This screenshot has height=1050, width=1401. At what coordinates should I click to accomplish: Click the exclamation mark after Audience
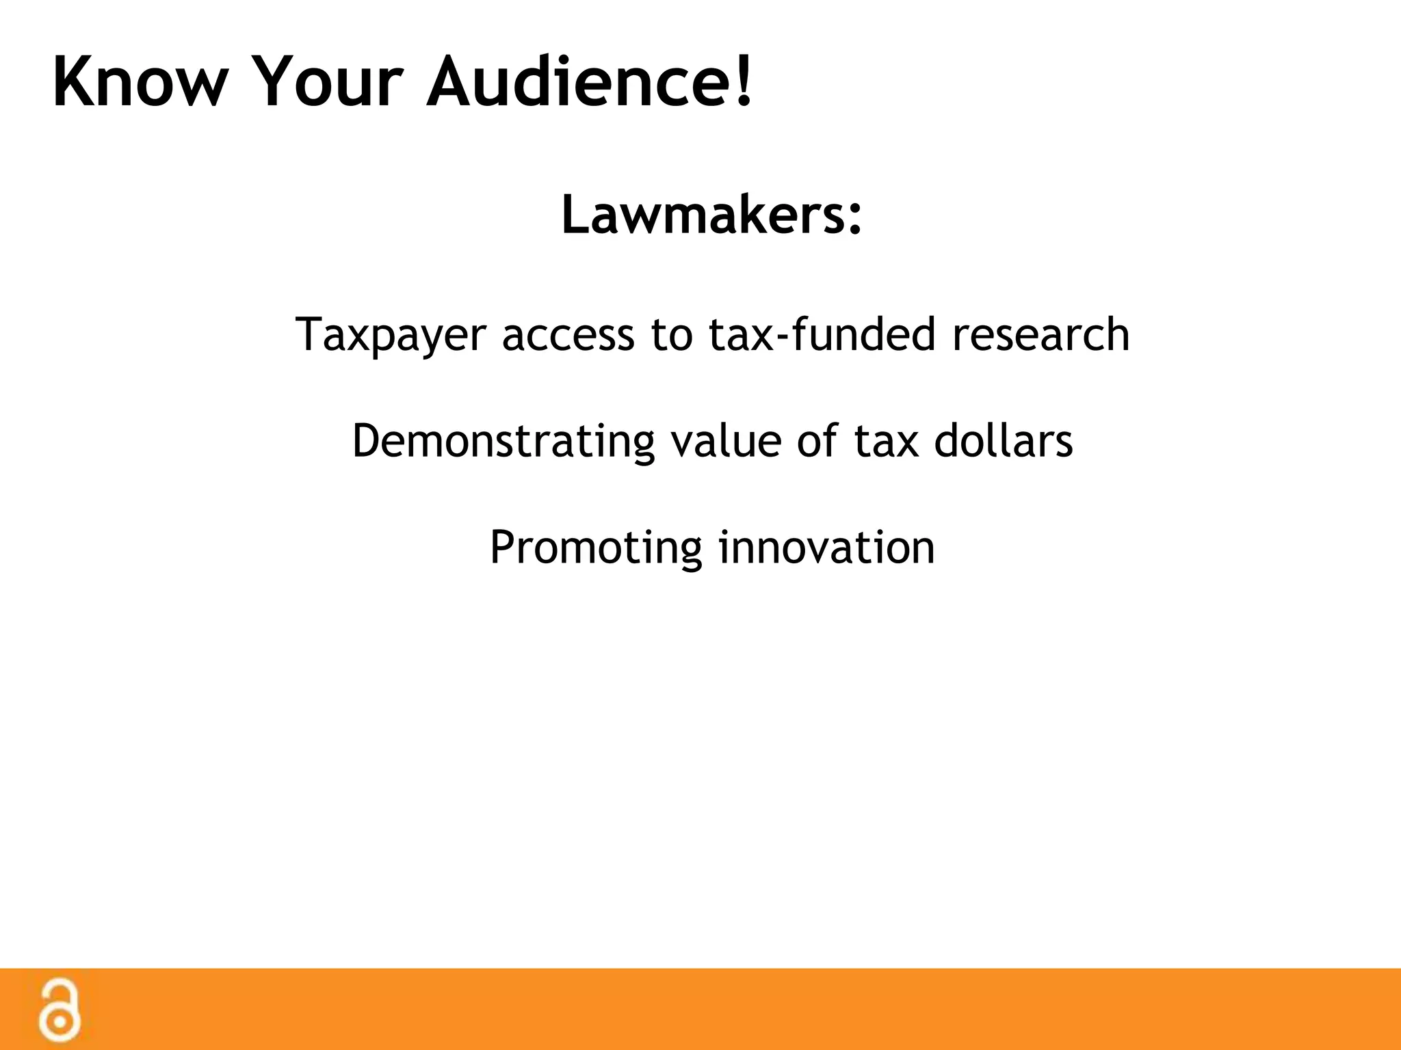click(x=744, y=81)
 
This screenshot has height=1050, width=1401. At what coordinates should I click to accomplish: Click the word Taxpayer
click(x=391, y=335)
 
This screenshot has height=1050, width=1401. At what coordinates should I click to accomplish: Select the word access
click(x=568, y=335)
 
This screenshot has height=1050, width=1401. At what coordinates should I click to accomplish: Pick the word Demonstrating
click(x=503, y=441)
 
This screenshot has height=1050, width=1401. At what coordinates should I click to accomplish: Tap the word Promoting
click(x=596, y=548)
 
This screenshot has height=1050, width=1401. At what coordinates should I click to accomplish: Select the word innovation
click(x=826, y=546)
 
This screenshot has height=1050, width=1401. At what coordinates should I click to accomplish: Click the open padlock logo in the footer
click(x=60, y=1010)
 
